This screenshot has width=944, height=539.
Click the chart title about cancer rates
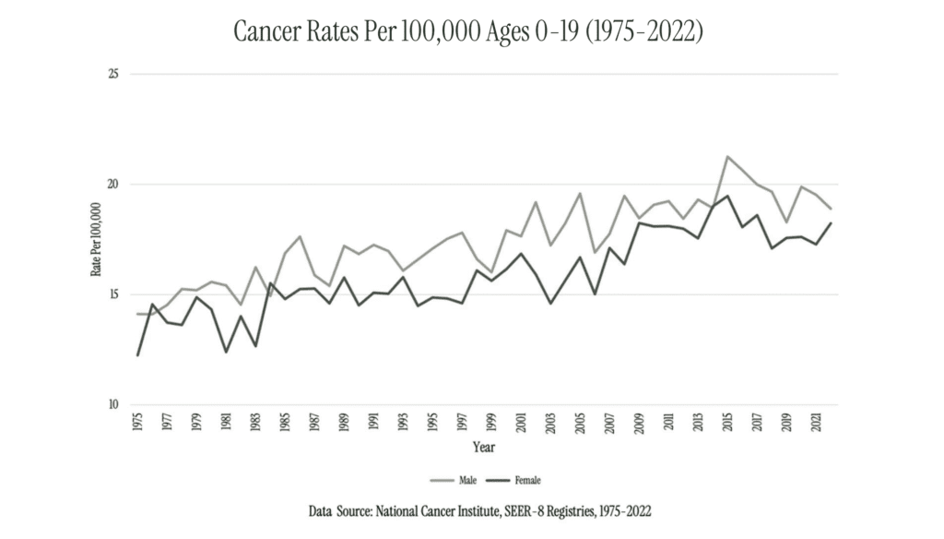pos(468,32)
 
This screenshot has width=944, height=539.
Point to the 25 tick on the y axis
pos(112,74)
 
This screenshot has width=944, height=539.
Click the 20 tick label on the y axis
pos(112,185)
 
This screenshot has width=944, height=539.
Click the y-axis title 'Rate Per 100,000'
pos(95,239)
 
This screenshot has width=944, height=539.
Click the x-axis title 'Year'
pos(484,448)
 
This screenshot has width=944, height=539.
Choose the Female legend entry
pos(519,480)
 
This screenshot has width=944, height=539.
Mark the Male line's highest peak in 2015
pos(727,157)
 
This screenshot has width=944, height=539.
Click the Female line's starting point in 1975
pos(138,355)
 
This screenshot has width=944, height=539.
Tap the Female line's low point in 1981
pos(226,352)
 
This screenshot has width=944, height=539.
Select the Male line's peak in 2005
pos(580,193)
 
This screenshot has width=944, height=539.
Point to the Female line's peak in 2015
pos(727,196)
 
